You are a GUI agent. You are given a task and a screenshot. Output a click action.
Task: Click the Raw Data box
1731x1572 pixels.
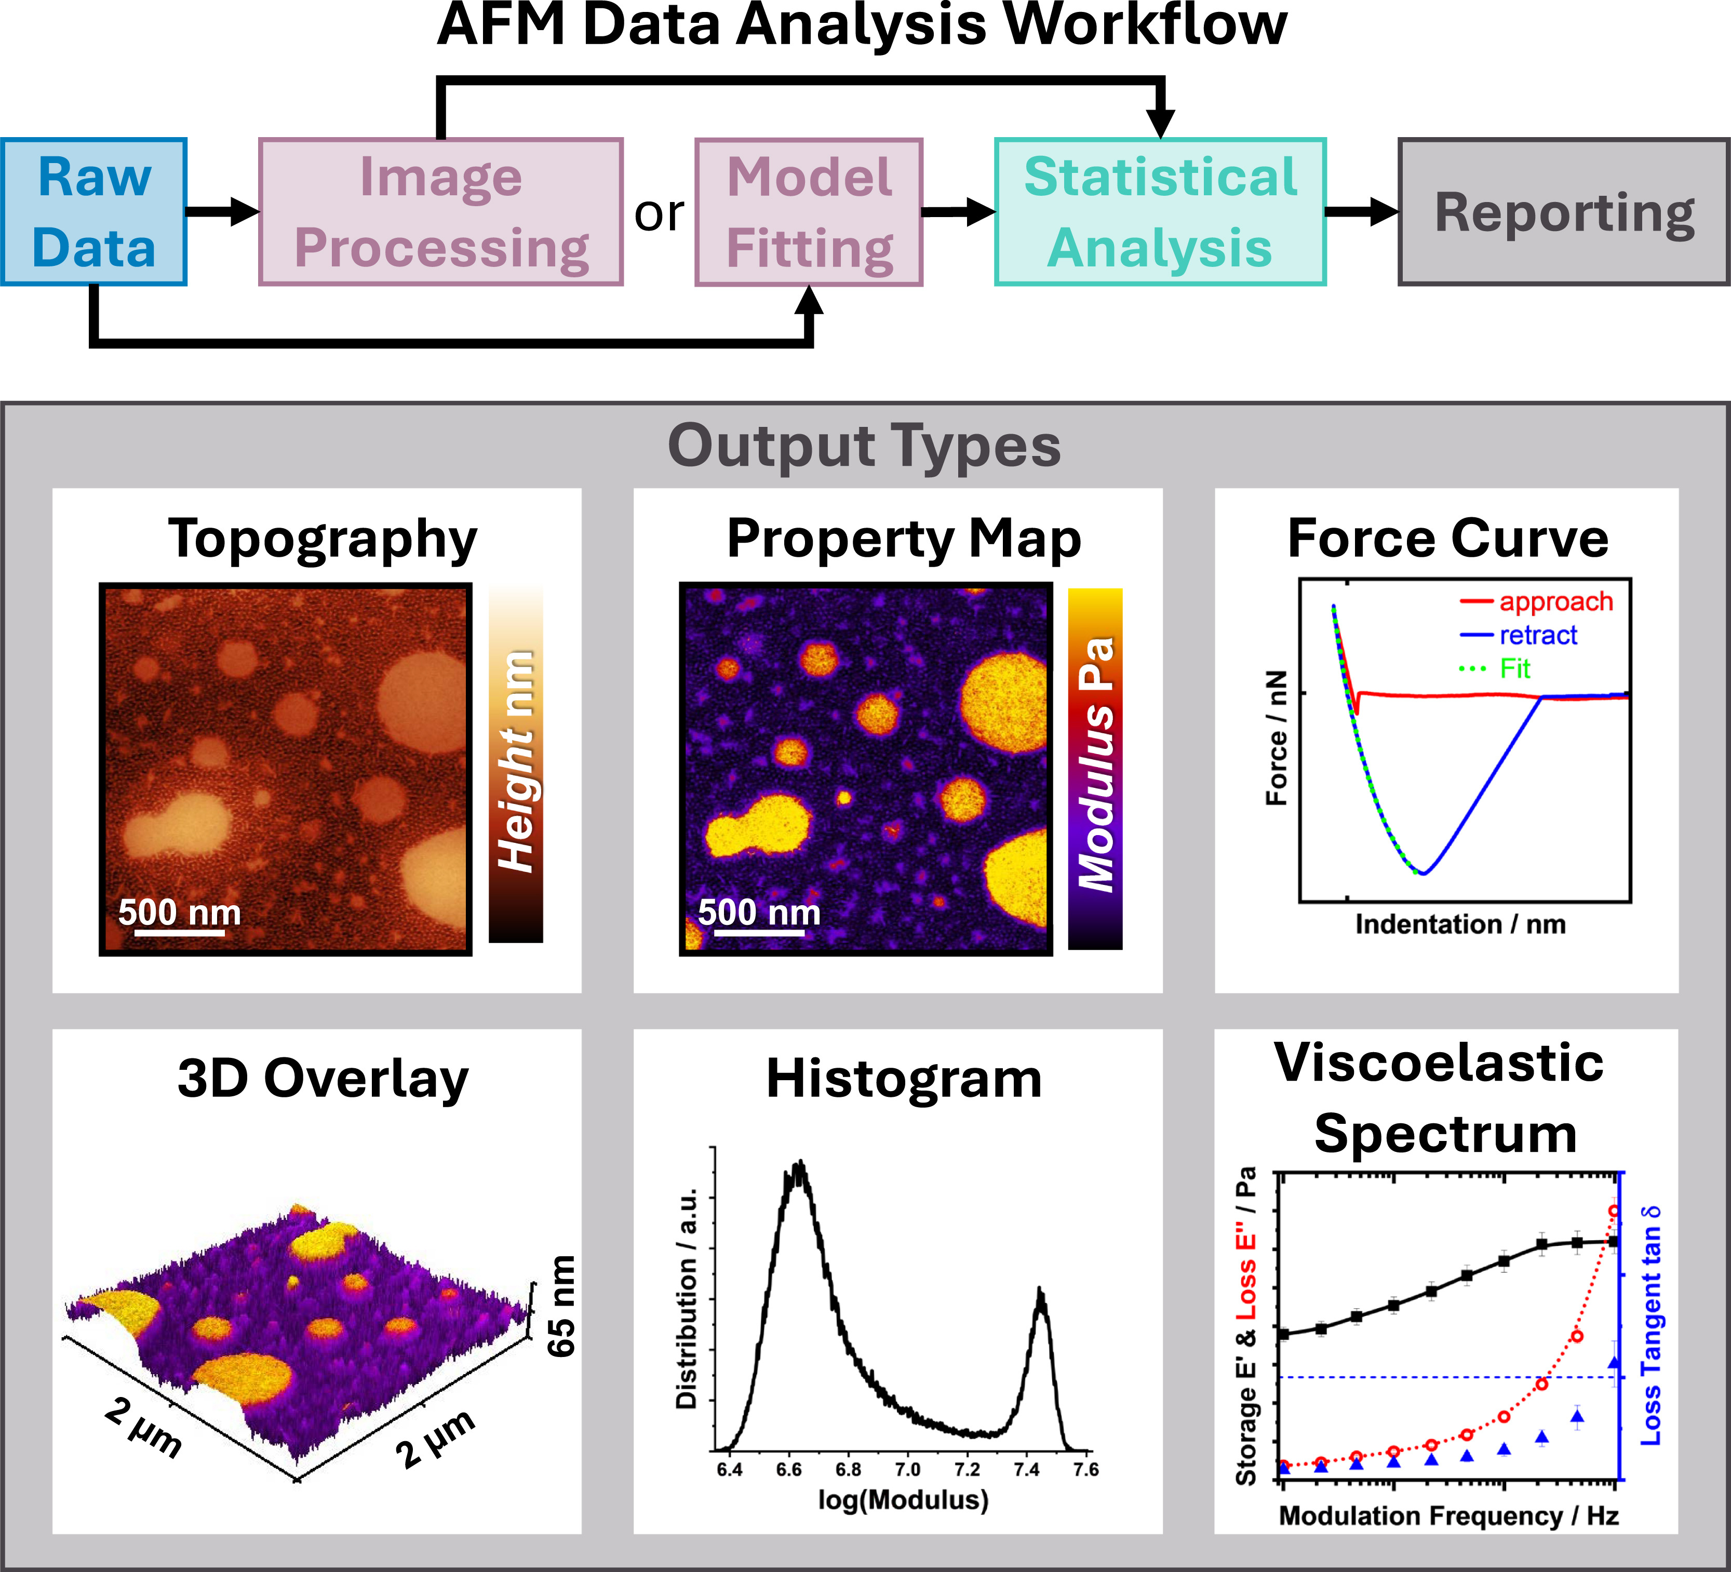[93, 212]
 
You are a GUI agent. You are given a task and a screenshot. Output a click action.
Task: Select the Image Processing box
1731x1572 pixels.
[440, 212]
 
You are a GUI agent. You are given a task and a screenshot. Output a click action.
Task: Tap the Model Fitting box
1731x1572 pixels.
[808, 212]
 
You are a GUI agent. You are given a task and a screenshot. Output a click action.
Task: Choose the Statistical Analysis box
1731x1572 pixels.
[1160, 212]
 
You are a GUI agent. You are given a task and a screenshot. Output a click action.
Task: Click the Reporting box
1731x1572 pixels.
[1564, 212]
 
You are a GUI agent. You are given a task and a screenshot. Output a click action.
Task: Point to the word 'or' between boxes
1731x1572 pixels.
[659, 214]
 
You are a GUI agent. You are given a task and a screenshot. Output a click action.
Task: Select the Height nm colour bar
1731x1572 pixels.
[516, 764]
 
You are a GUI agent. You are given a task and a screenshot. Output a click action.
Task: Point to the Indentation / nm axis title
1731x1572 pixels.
[1460, 924]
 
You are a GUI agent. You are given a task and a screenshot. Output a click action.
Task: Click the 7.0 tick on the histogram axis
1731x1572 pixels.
[908, 1469]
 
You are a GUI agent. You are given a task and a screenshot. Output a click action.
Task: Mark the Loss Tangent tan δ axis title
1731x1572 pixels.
[1651, 1326]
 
